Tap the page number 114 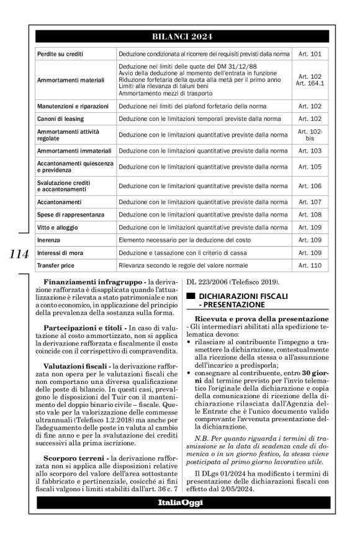[19, 254]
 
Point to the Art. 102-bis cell [310, 135]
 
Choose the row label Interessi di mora [61, 252]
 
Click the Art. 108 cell [310, 215]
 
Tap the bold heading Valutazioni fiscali [75, 366]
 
